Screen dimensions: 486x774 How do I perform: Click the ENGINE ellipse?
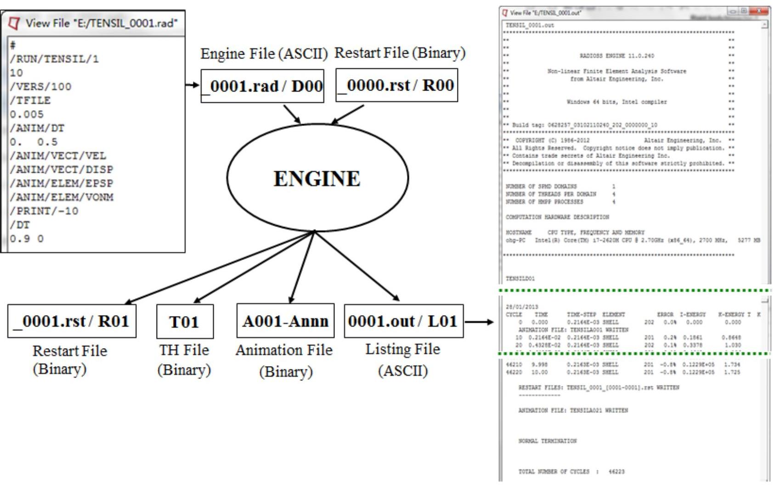point(317,178)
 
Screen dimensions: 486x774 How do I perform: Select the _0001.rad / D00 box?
point(262,86)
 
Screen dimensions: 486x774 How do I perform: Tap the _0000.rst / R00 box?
point(396,85)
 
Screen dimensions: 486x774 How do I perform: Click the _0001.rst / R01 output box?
point(72,321)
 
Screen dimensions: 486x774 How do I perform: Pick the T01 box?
point(185,322)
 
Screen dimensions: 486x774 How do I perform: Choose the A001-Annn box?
point(285,321)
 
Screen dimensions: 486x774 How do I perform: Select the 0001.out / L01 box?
point(403,321)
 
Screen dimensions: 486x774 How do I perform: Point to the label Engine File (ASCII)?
point(264,54)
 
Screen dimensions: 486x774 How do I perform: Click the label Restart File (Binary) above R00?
point(400,53)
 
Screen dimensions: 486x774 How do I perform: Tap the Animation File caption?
point(284,350)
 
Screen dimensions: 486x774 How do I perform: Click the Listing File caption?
point(402,350)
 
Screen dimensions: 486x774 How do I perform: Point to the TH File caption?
point(184,350)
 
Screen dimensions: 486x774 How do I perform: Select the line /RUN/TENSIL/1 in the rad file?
point(54,59)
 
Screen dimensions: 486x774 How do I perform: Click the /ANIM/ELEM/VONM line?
point(62,197)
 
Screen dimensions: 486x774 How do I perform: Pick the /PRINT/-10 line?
point(44,211)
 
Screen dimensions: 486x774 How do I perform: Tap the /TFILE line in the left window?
point(30,101)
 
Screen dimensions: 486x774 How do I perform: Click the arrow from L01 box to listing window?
point(479,322)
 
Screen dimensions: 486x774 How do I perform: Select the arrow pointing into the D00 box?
point(192,85)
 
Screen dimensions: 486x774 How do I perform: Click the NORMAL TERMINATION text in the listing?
point(547,441)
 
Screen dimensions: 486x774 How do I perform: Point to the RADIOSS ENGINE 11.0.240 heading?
point(616,56)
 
